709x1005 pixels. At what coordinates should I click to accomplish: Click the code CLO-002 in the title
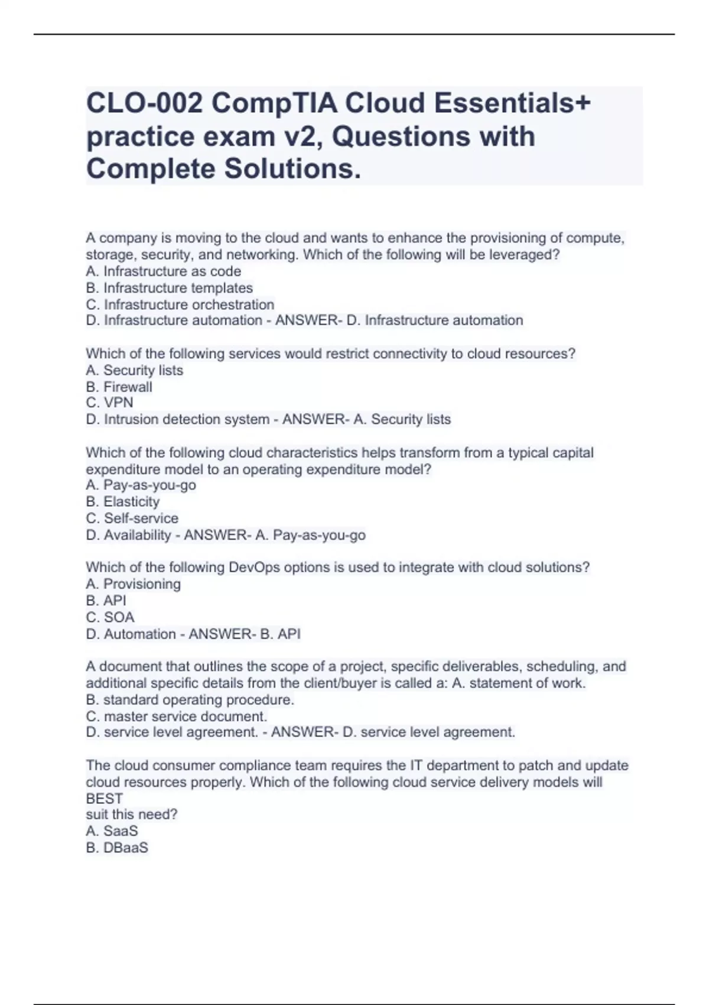coord(144,103)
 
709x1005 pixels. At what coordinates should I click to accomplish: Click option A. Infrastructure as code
coord(163,271)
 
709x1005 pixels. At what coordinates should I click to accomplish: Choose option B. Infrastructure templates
coord(169,288)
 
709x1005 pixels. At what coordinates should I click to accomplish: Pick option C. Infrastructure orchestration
coord(180,304)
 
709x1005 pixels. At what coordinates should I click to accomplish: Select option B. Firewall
coord(119,387)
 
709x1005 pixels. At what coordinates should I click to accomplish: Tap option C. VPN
coord(109,403)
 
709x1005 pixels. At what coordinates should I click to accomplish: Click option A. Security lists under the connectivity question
coord(134,371)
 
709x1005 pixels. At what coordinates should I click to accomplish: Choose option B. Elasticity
coord(122,502)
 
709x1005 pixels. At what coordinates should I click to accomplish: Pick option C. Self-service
coord(132,518)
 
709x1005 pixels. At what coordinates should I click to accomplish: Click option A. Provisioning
coord(133,584)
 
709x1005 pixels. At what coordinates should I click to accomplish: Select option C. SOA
coord(110,617)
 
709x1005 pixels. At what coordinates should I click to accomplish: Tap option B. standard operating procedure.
coord(190,700)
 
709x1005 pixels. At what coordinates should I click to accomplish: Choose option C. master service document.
coord(176,717)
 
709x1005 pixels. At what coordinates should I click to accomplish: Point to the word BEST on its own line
coord(104,799)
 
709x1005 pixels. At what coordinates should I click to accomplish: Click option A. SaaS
coord(112,831)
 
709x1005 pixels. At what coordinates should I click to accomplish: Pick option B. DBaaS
coord(117,848)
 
